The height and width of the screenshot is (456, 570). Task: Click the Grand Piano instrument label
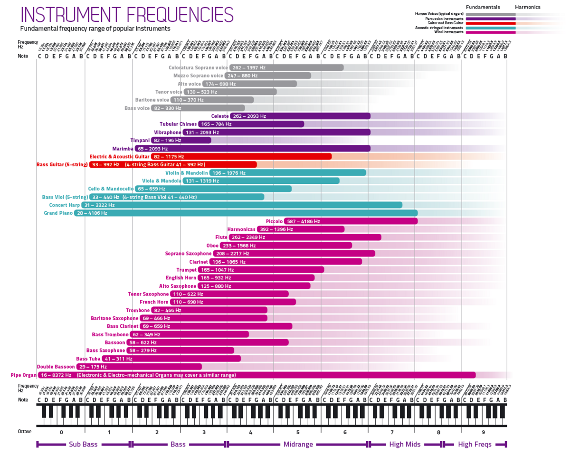coord(58,213)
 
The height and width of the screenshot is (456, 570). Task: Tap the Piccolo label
coord(274,221)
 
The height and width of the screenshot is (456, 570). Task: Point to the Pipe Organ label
coord(23,375)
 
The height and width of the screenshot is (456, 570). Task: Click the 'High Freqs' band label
coord(475,445)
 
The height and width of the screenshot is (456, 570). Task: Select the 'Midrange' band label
coord(298,445)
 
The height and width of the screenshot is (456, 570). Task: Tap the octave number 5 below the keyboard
coord(298,433)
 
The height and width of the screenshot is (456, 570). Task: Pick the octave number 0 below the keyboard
coord(61,433)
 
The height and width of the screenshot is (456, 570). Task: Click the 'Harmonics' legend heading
coord(528,7)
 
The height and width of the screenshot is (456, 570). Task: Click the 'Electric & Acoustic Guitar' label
coord(119,156)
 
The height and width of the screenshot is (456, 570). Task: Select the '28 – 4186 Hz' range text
coord(92,213)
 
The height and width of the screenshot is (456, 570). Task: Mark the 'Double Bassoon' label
coord(56,367)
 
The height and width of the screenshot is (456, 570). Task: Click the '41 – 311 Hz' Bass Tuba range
coord(119,359)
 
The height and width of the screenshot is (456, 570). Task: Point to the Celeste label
coord(220,116)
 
